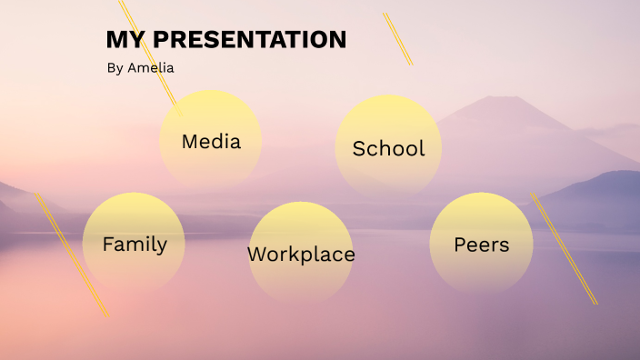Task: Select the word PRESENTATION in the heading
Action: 249,40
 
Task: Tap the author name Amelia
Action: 151,68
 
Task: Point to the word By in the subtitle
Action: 115,68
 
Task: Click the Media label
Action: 211,142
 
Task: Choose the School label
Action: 388,149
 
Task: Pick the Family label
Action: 135,245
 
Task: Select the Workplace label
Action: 301,255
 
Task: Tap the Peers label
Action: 481,245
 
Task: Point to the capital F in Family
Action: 108,245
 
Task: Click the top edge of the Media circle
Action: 211,91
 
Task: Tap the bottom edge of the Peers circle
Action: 481,294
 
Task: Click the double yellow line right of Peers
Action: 564,247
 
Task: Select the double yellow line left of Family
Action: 71,255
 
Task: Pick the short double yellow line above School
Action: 397,39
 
